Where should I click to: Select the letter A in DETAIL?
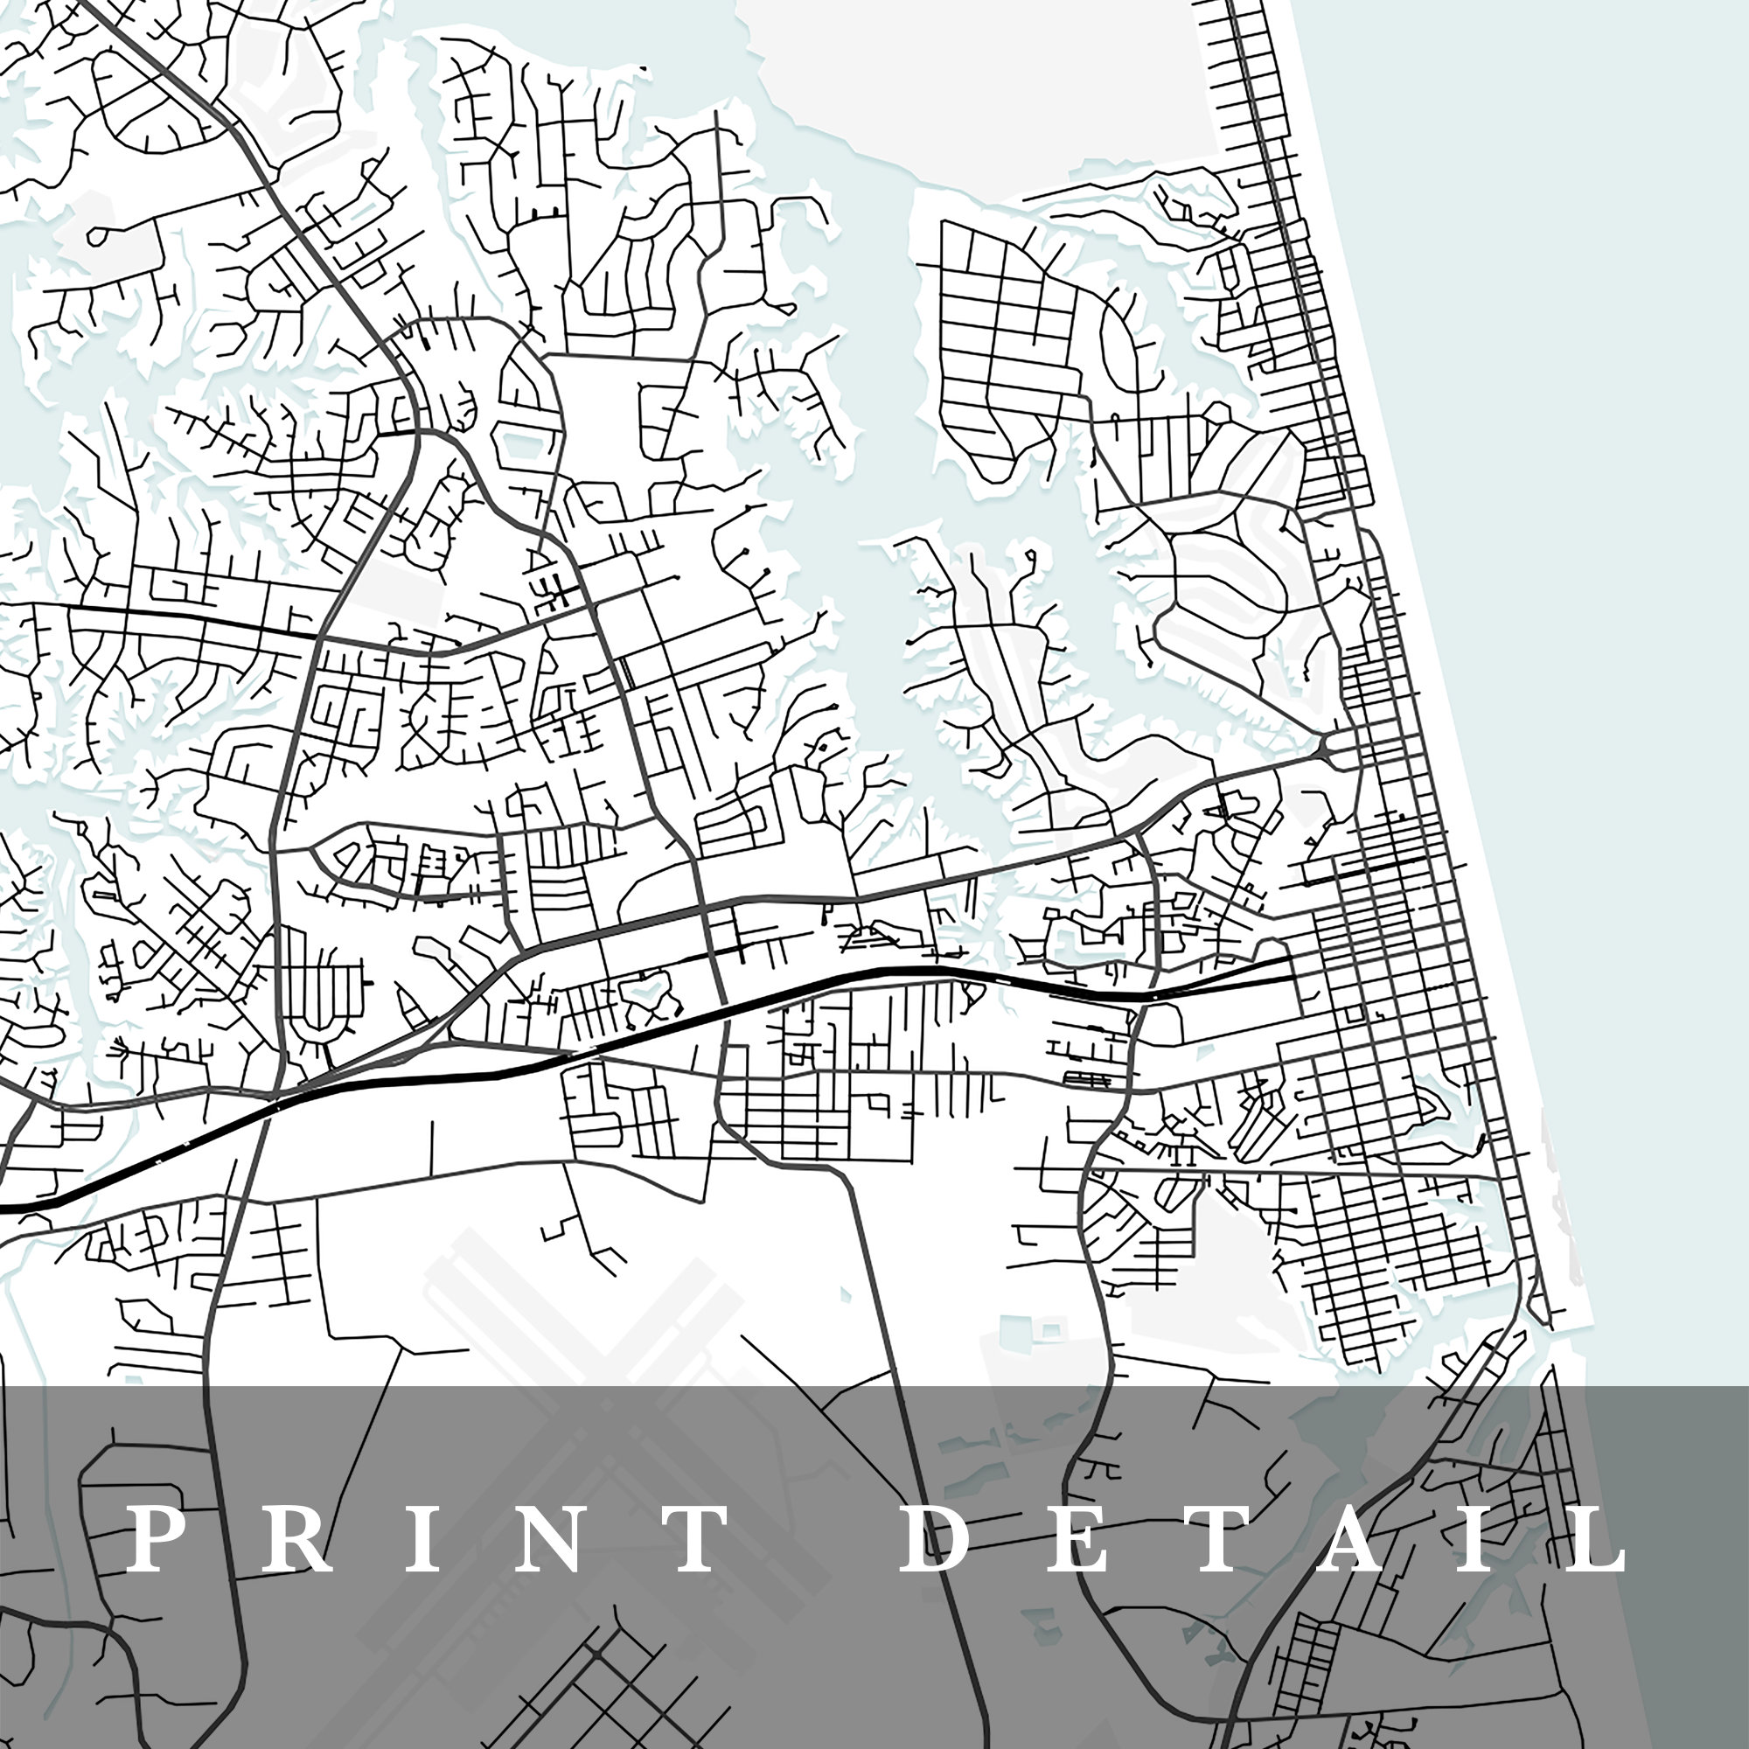pyautogui.click(x=1344, y=1539)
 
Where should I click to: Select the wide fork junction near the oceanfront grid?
pyautogui.click(x=1327, y=749)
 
